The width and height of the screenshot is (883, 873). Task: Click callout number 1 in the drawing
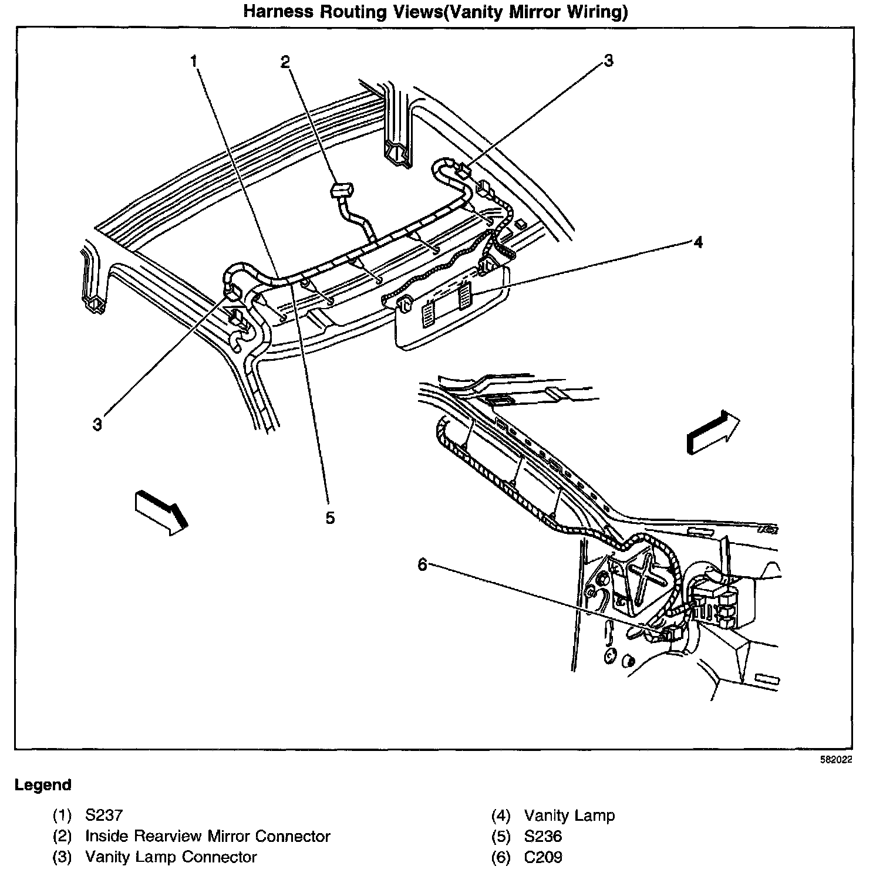click(194, 61)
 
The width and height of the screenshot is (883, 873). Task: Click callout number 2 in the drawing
click(285, 62)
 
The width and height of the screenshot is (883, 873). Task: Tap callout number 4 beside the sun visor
click(697, 242)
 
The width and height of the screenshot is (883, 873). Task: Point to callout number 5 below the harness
click(330, 517)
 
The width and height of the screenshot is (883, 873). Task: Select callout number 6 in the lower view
click(423, 564)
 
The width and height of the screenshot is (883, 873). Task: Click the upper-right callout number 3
click(608, 60)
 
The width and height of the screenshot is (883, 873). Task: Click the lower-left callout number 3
click(97, 424)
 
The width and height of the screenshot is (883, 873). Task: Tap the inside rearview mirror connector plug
click(342, 190)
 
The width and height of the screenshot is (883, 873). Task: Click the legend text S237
click(104, 815)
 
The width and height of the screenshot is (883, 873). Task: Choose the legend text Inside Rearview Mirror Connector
click(208, 836)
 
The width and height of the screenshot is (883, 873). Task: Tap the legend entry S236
click(543, 836)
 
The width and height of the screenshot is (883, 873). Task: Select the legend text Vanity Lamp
click(569, 815)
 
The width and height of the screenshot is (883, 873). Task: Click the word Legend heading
click(43, 784)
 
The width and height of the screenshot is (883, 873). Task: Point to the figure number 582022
click(836, 759)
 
